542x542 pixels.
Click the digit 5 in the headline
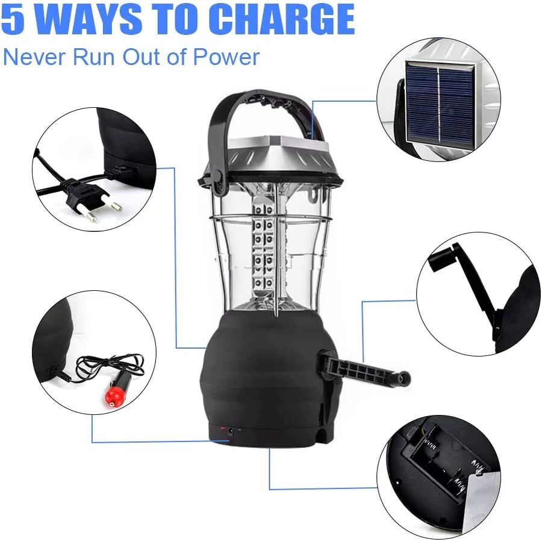13,19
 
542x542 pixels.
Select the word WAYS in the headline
86,19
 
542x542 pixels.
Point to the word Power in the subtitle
226,57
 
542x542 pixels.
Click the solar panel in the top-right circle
440,102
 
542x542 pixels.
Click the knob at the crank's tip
403,378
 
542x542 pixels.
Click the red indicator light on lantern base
223,427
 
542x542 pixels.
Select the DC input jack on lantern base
231,431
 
